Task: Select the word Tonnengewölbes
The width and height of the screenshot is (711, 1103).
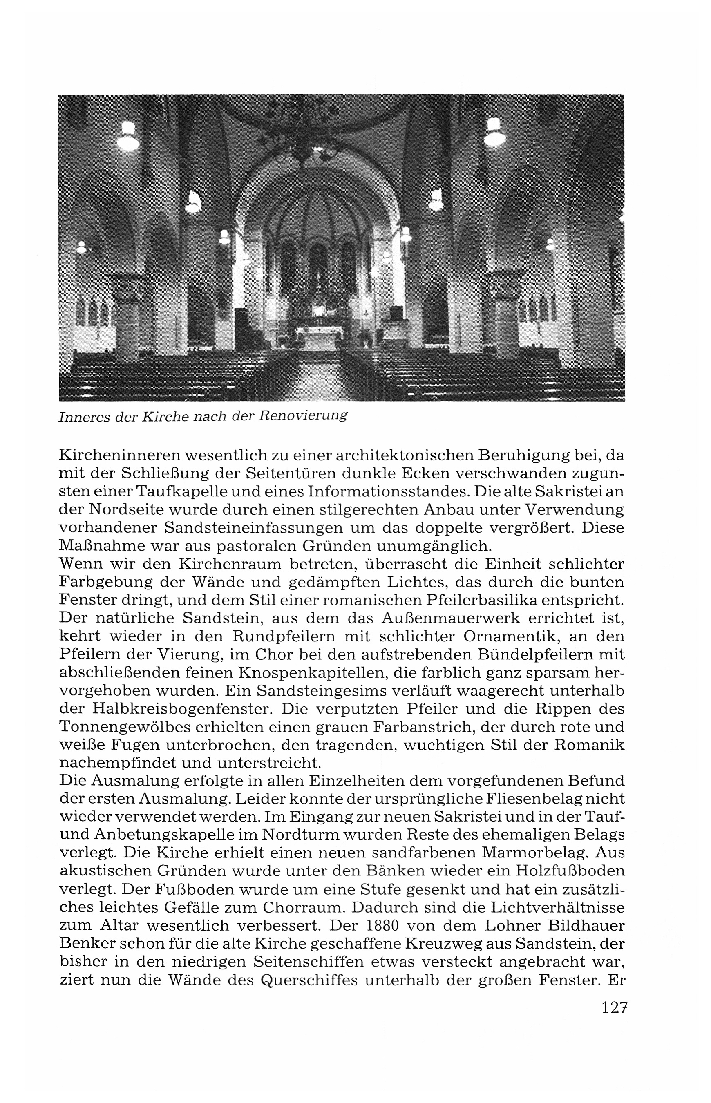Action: pyautogui.click(x=132, y=728)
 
